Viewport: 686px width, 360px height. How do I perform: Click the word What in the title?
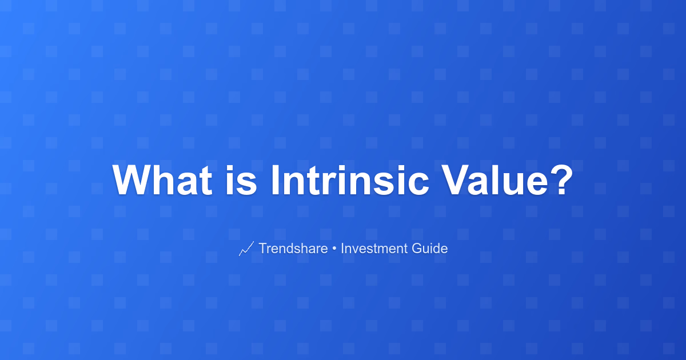162,180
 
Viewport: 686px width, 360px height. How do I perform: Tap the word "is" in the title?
241,180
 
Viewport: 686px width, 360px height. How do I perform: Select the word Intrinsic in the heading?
350,180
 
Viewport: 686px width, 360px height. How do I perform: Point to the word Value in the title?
494,180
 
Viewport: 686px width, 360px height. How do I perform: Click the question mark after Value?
561,179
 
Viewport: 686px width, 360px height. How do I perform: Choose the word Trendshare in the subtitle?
293,248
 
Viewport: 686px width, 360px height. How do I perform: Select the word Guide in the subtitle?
429,248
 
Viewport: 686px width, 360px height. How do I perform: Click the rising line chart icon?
246,249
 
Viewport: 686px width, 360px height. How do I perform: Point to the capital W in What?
133,180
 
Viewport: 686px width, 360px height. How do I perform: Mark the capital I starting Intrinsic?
276,180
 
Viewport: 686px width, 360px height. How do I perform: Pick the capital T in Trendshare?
264,248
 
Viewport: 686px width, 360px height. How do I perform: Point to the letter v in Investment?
356,250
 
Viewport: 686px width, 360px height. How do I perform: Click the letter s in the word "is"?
246,184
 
